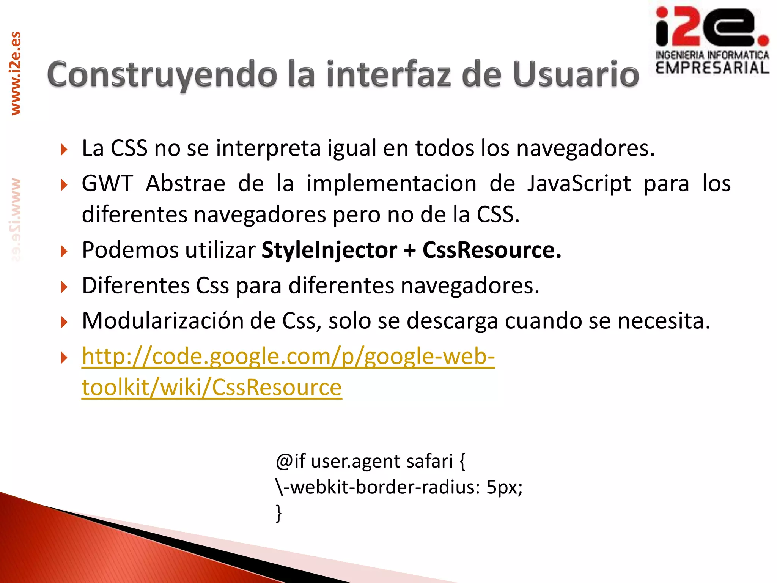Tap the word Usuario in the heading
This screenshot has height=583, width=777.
tap(576, 74)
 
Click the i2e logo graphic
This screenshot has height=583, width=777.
tap(712, 27)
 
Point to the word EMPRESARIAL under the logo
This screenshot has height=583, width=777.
tap(712, 68)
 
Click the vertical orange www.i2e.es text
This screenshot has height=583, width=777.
tap(16, 73)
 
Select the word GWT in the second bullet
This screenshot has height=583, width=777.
tap(107, 184)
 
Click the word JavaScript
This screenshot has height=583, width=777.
tap(579, 184)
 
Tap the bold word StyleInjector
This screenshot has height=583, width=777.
tap(329, 250)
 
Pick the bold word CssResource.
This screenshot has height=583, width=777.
tap(492, 250)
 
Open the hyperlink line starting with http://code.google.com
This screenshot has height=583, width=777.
tap(288, 357)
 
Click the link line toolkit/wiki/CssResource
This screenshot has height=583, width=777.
tap(212, 388)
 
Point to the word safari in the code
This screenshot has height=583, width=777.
tap(429, 462)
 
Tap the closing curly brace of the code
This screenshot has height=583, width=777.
tap(279, 513)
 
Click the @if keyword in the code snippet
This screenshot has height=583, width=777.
tap(291, 462)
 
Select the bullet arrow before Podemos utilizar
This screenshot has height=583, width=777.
tap(64, 251)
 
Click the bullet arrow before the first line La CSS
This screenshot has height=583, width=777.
tap(64, 149)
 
